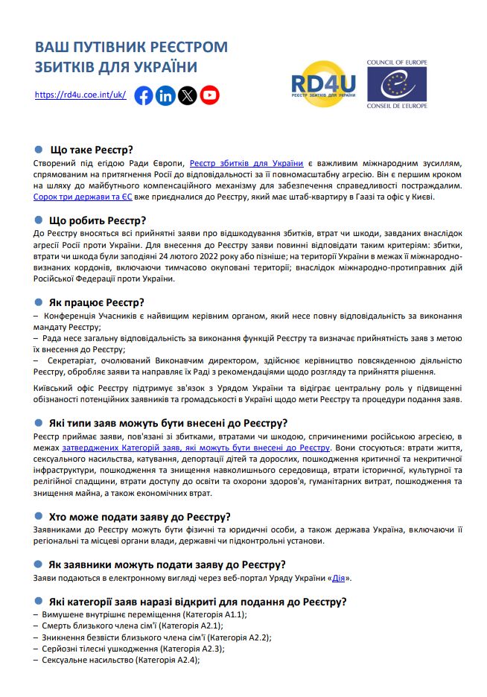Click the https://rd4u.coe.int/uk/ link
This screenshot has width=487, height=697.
tap(80, 95)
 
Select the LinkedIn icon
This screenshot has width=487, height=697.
tap(165, 95)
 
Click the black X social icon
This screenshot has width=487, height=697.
tap(188, 95)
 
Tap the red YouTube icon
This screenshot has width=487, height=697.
tap(210, 95)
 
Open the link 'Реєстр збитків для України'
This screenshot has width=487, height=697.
tap(246, 162)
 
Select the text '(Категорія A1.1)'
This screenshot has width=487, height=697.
tap(214, 614)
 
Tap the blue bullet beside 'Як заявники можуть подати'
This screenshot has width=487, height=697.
tap(39, 564)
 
